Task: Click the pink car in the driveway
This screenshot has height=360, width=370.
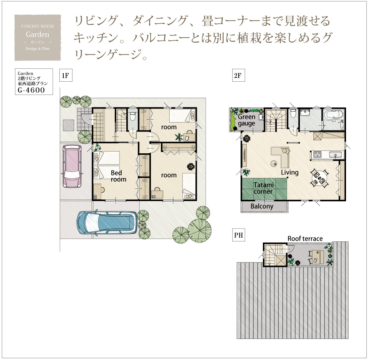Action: click(x=72, y=166)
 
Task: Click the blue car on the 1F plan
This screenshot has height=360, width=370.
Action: click(x=107, y=222)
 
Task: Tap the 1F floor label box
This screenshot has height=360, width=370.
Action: click(x=65, y=75)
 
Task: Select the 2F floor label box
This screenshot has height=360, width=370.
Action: click(x=238, y=75)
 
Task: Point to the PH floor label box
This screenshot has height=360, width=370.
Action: click(x=238, y=235)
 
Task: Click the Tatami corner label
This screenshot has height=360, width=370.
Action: click(x=263, y=188)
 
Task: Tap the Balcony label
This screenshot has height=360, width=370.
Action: click(x=262, y=206)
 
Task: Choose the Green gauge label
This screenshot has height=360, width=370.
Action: click(x=246, y=120)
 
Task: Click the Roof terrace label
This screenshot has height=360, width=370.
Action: click(x=305, y=239)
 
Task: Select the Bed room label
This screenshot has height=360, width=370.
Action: click(x=118, y=176)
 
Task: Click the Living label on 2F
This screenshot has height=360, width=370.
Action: click(x=290, y=172)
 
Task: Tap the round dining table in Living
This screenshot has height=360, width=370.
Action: click(x=320, y=178)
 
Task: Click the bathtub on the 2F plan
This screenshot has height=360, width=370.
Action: click(x=334, y=116)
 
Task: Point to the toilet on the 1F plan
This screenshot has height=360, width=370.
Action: click(x=132, y=116)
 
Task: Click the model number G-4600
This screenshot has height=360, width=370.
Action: click(x=31, y=90)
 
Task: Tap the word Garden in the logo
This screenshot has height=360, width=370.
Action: click(x=38, y=34)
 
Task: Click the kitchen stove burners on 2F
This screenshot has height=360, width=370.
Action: click(x=317, y=154)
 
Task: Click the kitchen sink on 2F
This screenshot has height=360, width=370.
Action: click(x=335, y=155)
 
